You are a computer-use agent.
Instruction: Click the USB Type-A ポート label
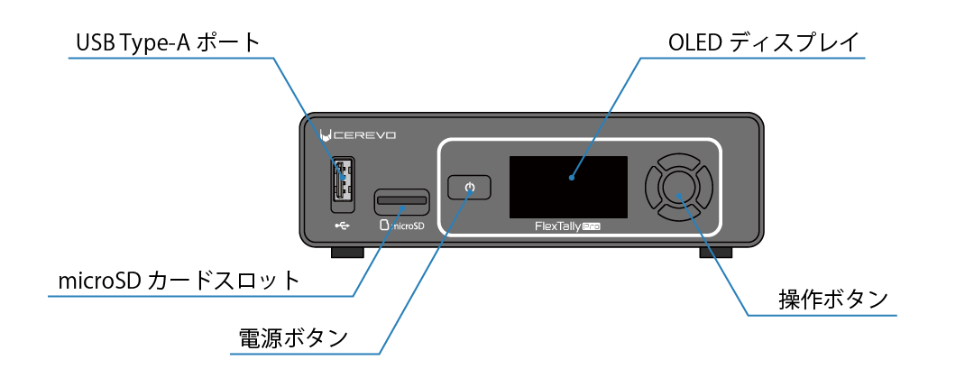[x=168, y=42]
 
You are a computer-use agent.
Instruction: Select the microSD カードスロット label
[x=178, y=280]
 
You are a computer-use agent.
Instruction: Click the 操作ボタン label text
[x=833, y=300]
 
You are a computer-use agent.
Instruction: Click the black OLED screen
[x=567, y=187]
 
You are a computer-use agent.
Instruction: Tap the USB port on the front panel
[x=341, y=180]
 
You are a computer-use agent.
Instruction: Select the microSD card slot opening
[x=401, y=198]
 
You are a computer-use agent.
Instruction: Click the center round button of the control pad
[x=679, y=187]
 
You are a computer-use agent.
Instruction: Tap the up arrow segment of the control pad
[x=679, y=162]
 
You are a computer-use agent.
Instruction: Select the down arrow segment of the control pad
[x=679, y=212]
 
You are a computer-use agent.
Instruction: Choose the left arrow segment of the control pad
[x=654, y=187]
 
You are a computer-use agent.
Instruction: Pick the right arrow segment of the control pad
[x=704, y=187]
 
